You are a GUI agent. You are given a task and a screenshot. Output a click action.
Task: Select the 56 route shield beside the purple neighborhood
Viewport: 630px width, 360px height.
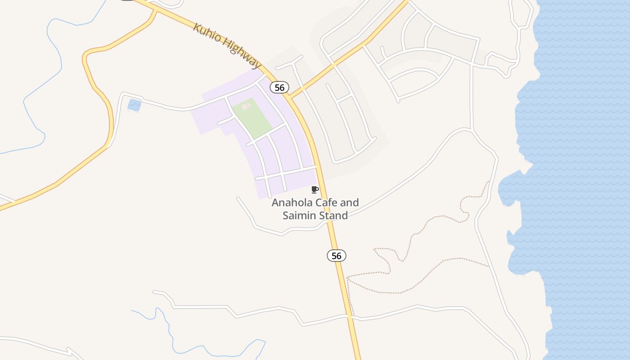tap(279, 87)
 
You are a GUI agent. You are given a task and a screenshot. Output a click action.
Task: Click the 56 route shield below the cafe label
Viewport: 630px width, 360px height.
tap(336, 256)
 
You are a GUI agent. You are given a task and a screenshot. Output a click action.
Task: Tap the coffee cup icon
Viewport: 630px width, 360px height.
tap(315, 190)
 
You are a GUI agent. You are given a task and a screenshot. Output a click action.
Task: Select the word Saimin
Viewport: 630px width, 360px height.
tap(300, 215)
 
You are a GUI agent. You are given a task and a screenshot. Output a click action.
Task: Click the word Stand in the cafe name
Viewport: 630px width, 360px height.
tap(333, 215)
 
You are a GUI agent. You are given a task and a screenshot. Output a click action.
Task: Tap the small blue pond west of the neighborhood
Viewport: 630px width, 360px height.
tap(134, 105)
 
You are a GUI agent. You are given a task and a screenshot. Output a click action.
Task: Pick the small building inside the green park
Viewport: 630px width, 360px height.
tap(246, 107)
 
